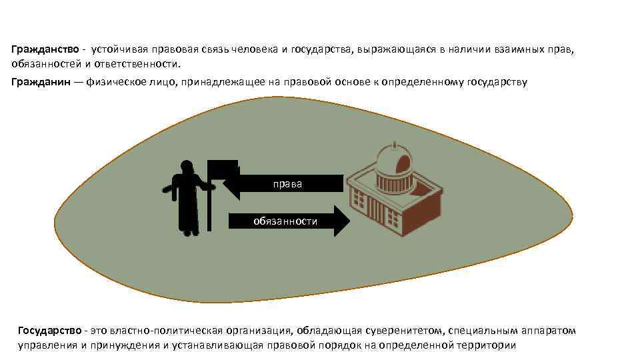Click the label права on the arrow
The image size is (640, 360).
[287, 184]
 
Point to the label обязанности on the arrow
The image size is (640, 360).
[285, 221]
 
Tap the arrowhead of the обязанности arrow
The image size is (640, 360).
[341, 221]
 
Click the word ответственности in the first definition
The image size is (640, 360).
[146, 64]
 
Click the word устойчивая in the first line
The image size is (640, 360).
[115, 49]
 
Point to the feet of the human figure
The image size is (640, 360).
[189, 231]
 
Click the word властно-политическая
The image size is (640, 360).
[175, 330]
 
